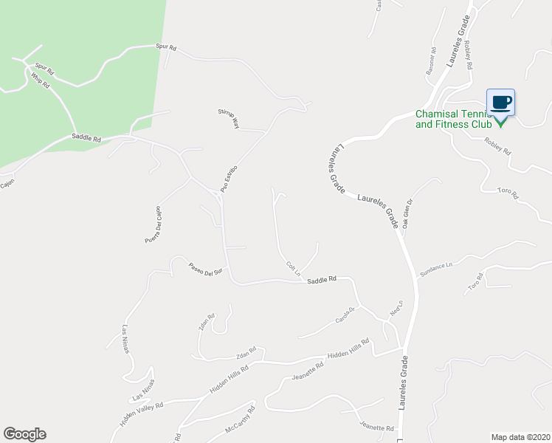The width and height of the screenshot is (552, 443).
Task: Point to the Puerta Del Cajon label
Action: pyautogui.click(x=153, y=225)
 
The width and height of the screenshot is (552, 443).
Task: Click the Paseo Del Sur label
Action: pyautogui.click(x=205, y=269)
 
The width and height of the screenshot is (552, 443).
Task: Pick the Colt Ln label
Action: pyautogui.click(x=293, y=269)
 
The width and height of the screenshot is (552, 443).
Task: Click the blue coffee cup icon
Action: pyautogui.click(x=500, y=103)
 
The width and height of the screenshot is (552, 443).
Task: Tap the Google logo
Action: pyautogui.click(x=24, y=434)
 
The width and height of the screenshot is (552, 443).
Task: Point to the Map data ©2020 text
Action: pyautogui.click(x=520, y=437)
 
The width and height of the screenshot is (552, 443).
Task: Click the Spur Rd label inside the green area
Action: pyautogui.click(x=46, y=72)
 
